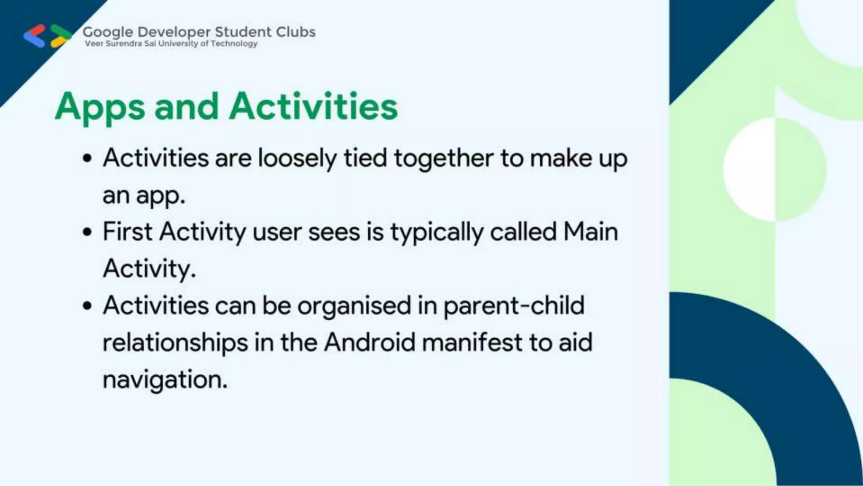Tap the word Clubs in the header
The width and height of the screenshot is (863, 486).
(295, 32)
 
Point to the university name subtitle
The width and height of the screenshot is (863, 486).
(171, 43)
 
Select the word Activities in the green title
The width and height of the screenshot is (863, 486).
(313, 106)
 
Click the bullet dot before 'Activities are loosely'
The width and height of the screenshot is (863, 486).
(87, 159)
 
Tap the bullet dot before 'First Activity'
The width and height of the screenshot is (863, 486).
(87, 232)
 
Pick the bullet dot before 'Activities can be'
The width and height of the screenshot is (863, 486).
(87, 306)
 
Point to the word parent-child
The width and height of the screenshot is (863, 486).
(514, 306)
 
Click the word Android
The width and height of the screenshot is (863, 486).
(370, 342)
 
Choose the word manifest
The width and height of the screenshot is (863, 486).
(472, 342)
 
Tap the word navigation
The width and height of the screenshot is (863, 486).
(165, 380)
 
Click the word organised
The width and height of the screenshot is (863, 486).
(354, 306)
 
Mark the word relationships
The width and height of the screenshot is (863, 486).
(175, 343)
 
